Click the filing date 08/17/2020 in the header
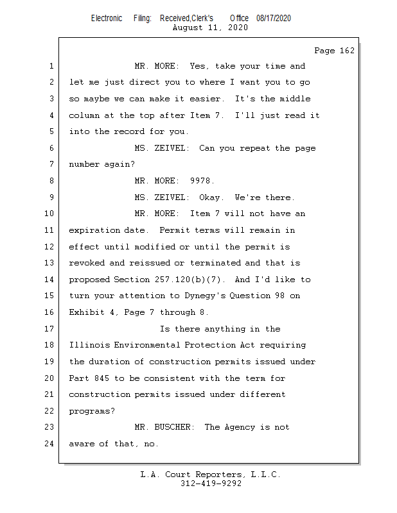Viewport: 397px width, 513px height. pos(273,19)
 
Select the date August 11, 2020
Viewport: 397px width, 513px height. pos(210,28)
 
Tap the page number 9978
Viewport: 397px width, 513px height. pos(202,181)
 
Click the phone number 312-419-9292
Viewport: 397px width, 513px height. pos(211,484)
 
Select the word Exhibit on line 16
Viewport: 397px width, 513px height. pos(87,312)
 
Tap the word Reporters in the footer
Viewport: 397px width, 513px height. pos(220,475)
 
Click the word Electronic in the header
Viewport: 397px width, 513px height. pos(107,19)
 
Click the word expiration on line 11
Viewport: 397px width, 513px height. pos(94,230)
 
